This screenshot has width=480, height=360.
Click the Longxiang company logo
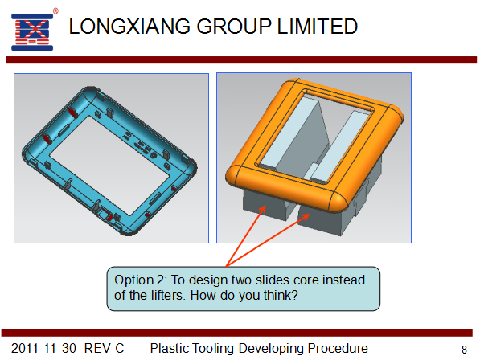point(32,32)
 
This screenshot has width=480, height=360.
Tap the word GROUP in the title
point(234,27)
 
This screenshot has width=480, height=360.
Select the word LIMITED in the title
point(318,27)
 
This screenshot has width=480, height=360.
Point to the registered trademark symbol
point(55,11)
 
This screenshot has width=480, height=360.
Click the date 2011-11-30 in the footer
point(43,349)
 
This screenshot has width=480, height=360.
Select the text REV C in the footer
point(104,349)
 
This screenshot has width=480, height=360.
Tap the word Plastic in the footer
point(169,349)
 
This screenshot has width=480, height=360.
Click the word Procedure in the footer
point(338,349)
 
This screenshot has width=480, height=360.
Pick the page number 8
point(464,350)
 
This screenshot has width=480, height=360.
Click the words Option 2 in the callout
point(140,280)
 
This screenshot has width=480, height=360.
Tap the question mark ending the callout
point(294,296)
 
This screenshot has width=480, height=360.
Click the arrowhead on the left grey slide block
point(262,210)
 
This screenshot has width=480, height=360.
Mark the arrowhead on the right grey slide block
point(305,216)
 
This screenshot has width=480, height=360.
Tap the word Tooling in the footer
point(213,349)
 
